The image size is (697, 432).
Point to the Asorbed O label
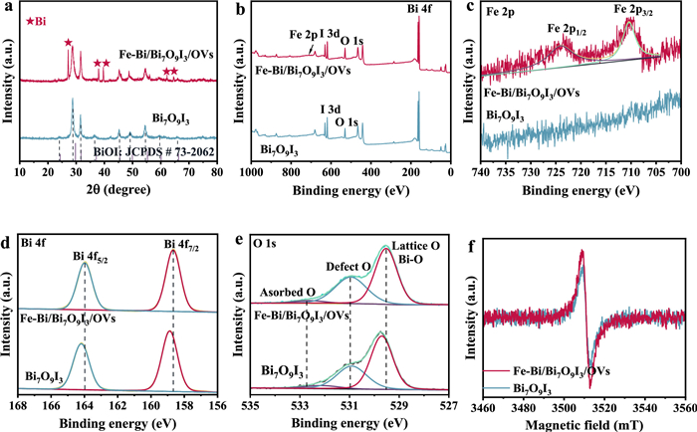point(289,292)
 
